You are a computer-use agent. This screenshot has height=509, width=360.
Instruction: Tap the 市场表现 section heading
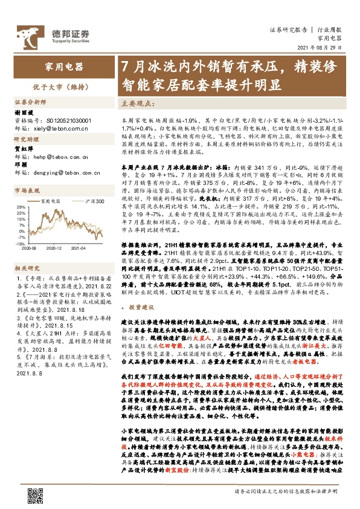[x=27, y=189]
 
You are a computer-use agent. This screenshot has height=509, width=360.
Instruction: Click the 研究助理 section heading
[x=27, y=139]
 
